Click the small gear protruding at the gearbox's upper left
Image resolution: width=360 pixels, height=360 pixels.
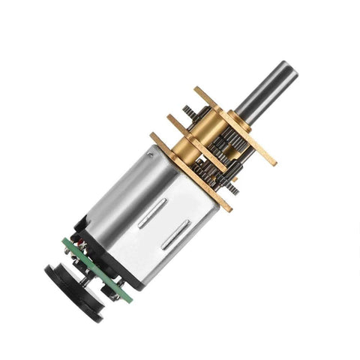pos(192,111)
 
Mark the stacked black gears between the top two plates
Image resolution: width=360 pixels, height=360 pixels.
pos(229,139)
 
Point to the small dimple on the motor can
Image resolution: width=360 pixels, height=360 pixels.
pos(150,155)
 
